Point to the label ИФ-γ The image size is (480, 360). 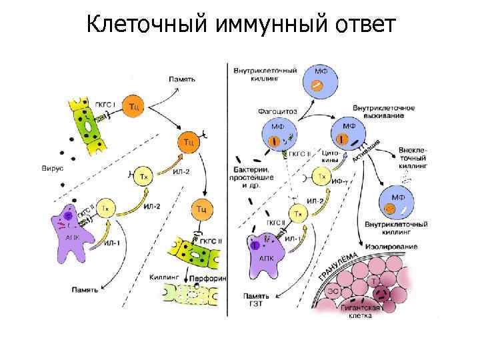click(x=342, y=180)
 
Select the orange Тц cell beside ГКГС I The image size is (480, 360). click(x=134, y=106)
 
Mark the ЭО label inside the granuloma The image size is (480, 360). click(x=332, y=290)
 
